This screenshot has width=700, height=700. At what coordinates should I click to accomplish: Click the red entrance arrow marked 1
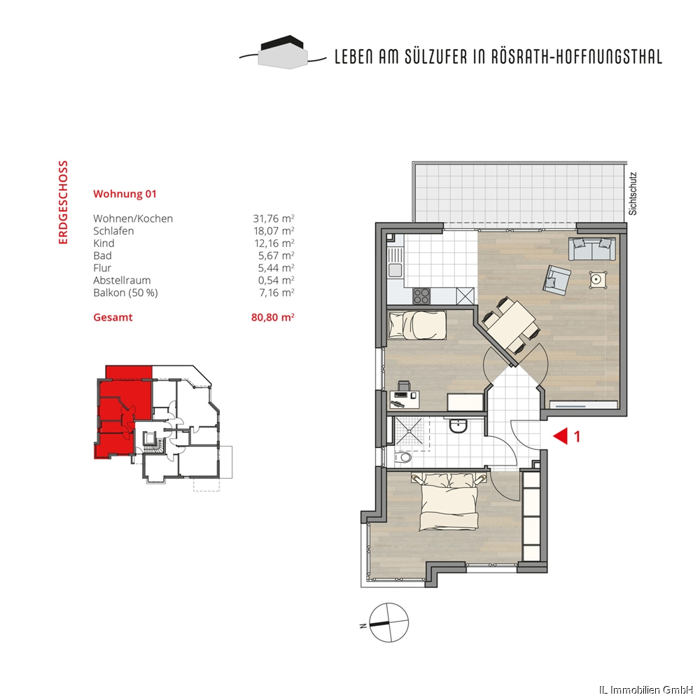click(561, 435)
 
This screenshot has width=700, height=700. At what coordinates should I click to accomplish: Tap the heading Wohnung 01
click(125, 194)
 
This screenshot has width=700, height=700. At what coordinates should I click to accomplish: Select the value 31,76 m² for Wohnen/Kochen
click(274, 218)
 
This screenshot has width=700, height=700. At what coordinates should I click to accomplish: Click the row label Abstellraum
click(122, 281)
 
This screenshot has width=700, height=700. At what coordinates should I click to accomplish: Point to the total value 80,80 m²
click(273, 317)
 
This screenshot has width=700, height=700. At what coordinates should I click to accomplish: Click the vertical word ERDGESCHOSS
click(63, 202)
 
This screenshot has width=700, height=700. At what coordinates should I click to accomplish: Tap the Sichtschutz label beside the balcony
click(633, 194)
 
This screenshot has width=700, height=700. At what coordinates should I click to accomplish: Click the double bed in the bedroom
click(449, 501)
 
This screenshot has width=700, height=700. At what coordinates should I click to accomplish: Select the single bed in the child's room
click(417, 325)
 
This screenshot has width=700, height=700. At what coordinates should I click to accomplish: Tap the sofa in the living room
click(592, 249)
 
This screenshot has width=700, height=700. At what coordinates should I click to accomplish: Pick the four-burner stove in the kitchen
click(421, 295)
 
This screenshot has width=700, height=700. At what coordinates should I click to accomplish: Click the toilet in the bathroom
click(403, 458)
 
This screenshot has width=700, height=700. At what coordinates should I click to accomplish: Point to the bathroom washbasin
click(458, 426)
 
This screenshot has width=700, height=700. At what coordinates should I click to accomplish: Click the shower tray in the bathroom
click(408, 431)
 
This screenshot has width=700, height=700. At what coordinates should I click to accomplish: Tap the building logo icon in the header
click(283, 52)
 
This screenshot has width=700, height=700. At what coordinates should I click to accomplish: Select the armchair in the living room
click(556, 280)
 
